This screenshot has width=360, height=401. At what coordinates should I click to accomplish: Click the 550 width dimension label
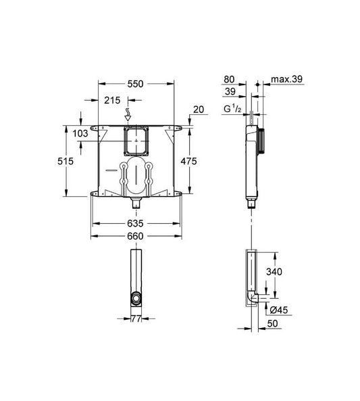(x=135, y=84)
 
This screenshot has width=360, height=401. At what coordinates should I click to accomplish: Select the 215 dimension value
(x=112, y=100)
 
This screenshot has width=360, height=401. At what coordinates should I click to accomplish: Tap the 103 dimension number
(x=80, y=133)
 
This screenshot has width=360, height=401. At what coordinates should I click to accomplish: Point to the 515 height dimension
(x=66, y=161)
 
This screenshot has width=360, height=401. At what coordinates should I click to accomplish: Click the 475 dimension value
(x=189, y=161)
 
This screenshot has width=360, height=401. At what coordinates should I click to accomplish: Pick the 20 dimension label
(x=199, y=110)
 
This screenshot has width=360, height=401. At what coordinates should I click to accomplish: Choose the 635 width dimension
(x=135, y=223)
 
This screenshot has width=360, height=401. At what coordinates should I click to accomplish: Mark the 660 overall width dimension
(x=135, y=236)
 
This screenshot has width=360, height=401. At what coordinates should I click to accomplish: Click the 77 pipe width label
(x=136, y=319)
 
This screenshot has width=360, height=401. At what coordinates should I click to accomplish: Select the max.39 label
(x=286, y=79)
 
